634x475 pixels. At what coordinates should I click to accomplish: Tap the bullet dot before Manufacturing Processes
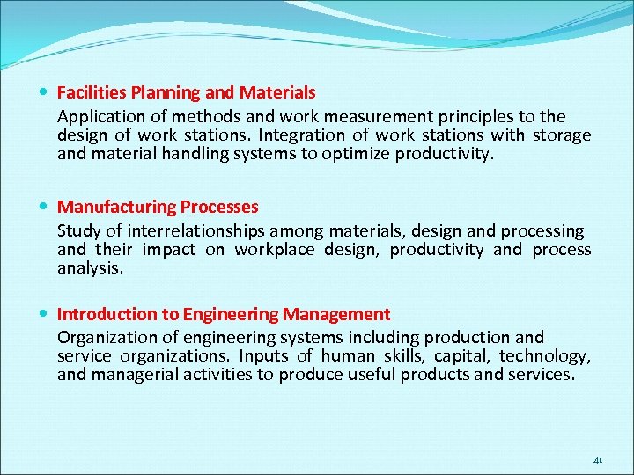click(x=45, y=208)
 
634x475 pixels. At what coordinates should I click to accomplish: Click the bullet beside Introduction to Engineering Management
click(x=45, y=315)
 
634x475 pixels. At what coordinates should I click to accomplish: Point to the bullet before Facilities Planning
click(x=45, y=92)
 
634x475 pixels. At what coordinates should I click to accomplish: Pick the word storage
click(x=561, y=135)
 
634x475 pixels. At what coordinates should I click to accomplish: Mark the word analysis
click(x=90, y=268)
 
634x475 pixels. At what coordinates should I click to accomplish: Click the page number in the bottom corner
click(x=598, y=460)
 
